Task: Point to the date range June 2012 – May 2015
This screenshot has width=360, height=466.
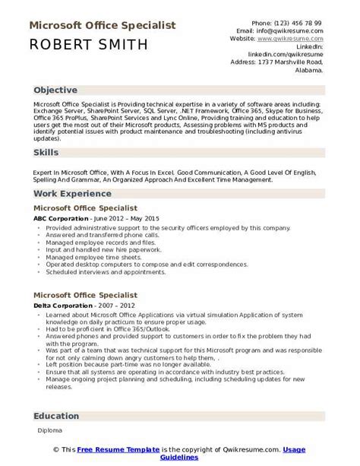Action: pyautogui.click(x=130, y=218)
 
